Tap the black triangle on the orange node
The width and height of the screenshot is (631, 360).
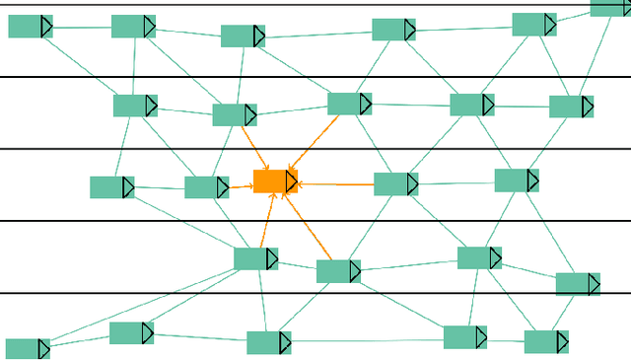291,181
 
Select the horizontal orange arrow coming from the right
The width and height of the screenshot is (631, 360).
335,183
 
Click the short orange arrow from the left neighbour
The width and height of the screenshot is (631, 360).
241,185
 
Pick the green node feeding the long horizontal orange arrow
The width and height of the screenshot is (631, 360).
395,184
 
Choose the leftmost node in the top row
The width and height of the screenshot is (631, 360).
30,27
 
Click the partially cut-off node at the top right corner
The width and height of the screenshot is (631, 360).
610,7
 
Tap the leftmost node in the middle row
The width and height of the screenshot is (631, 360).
111,187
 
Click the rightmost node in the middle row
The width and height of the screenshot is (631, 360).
516,180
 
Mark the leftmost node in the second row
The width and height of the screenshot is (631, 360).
135,106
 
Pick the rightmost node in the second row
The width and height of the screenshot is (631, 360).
571,107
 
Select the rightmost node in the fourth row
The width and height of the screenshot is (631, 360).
578,284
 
